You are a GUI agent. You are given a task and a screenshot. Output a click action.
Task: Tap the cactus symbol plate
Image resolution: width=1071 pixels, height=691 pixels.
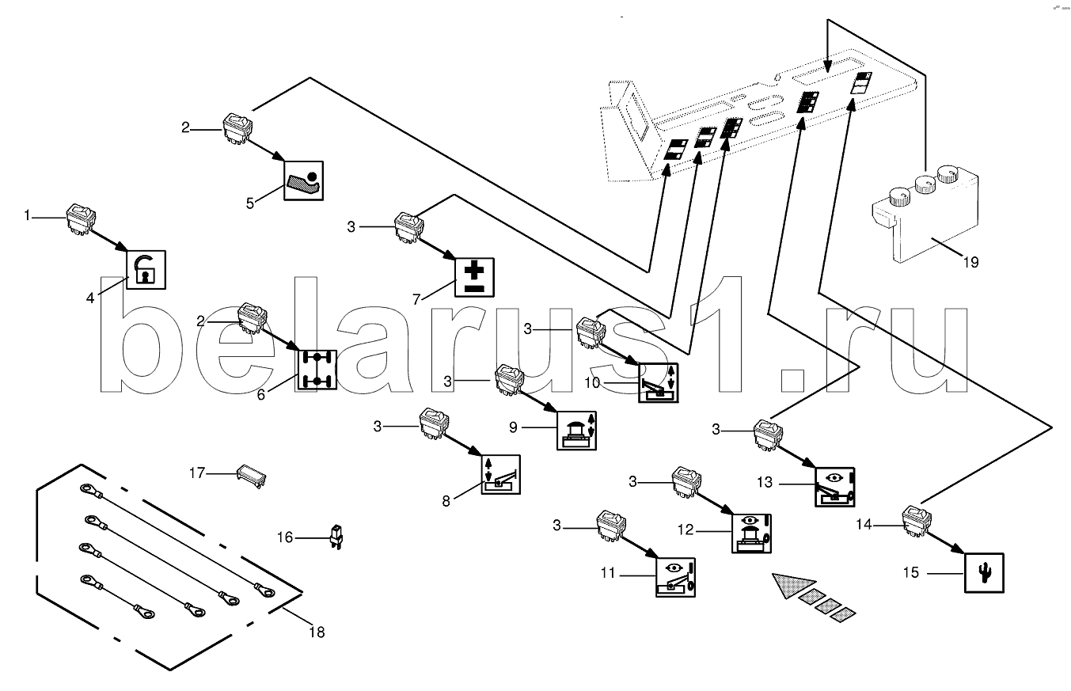(x=984, y=571)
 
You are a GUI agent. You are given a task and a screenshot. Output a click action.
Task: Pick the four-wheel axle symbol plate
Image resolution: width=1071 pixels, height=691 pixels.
(x=317, y=369)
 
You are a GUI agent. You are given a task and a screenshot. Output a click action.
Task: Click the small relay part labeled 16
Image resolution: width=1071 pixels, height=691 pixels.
(x=336, y=536)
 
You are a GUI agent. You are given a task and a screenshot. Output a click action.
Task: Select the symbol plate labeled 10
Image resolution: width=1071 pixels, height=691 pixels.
(x=658, y=383)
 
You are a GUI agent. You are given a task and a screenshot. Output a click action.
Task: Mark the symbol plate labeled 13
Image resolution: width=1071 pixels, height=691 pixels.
(x=835, y=486)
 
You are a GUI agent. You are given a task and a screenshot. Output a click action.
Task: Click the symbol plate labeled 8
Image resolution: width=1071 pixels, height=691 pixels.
(x=501, y=474)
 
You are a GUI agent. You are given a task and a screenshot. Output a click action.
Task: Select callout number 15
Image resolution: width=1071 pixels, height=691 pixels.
(x=911, y=571)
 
